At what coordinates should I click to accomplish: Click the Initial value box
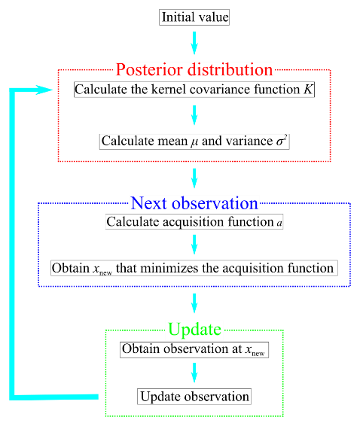[194, 17]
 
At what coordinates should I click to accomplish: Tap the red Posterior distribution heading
[194, 69]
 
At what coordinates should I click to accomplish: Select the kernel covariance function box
[194, 90]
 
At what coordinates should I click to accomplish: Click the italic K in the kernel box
[308, 89]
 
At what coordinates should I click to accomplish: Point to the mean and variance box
[194, 141]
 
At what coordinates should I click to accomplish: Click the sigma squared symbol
[282, 141]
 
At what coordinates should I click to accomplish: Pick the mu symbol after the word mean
[194, 142]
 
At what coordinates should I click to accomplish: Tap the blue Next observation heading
[194, 203]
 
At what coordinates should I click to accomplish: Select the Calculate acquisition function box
[194, 222]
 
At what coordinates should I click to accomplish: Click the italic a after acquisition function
[279, 223]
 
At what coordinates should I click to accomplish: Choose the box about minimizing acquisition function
[194, 268]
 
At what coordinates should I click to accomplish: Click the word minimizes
[169, 268]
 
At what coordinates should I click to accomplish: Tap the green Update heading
[194, 330]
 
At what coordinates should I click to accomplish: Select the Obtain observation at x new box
[194, 350]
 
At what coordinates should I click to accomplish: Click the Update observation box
[194, 397]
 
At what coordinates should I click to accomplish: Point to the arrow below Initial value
[194, 43]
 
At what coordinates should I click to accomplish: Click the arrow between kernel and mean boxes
[194, 115]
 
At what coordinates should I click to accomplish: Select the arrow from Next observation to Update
[194, 303]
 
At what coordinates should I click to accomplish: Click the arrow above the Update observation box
[194, 373]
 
